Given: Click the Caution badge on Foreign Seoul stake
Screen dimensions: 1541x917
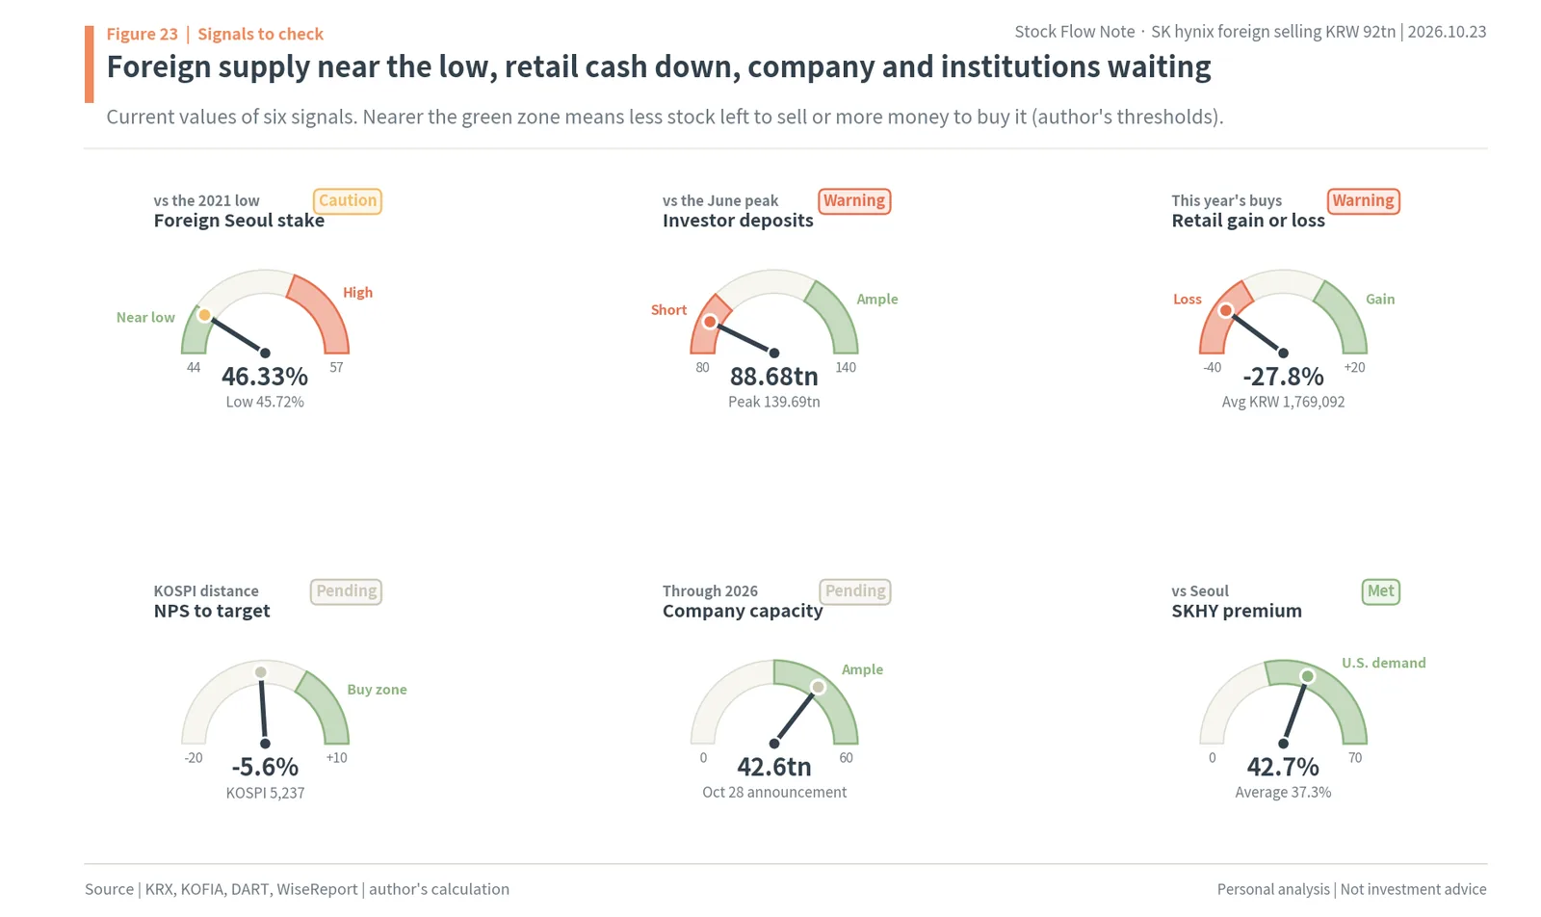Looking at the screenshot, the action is [348, 201].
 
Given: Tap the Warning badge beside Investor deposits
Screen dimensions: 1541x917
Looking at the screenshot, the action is [854, 201].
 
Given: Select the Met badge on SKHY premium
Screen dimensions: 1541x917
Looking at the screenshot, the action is [1381, 591].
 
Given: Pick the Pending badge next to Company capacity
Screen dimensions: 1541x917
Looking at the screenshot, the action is [855, 591].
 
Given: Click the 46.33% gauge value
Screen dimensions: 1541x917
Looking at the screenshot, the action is [265, 377].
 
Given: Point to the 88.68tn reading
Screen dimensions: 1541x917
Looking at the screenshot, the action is [774, 377].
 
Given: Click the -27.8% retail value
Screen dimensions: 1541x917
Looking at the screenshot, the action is [1283, 377].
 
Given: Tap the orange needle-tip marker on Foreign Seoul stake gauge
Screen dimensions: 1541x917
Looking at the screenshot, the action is [204, 315].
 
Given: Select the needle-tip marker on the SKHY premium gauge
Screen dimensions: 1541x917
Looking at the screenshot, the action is [1308, 676].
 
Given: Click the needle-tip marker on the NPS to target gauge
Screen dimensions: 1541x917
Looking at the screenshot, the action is [261, 672].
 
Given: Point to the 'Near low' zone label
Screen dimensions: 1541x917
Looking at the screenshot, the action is [145, 317].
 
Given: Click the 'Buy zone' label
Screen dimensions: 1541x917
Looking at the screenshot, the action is [377, 690].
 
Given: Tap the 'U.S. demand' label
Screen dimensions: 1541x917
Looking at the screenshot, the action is [1383, 663].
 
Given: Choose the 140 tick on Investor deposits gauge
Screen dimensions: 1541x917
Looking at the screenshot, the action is [846, 367].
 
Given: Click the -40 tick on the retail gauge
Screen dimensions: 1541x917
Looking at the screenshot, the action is [1213, 367].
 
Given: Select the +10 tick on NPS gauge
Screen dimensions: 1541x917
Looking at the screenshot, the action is [336, 758].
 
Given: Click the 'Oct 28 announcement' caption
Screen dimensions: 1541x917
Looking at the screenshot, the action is [774, 793].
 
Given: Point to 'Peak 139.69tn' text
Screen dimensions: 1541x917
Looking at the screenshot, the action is [774, 402].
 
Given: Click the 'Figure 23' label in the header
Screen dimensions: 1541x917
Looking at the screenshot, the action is [142, 34].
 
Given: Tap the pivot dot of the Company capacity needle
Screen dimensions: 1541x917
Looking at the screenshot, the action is [774, 744].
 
